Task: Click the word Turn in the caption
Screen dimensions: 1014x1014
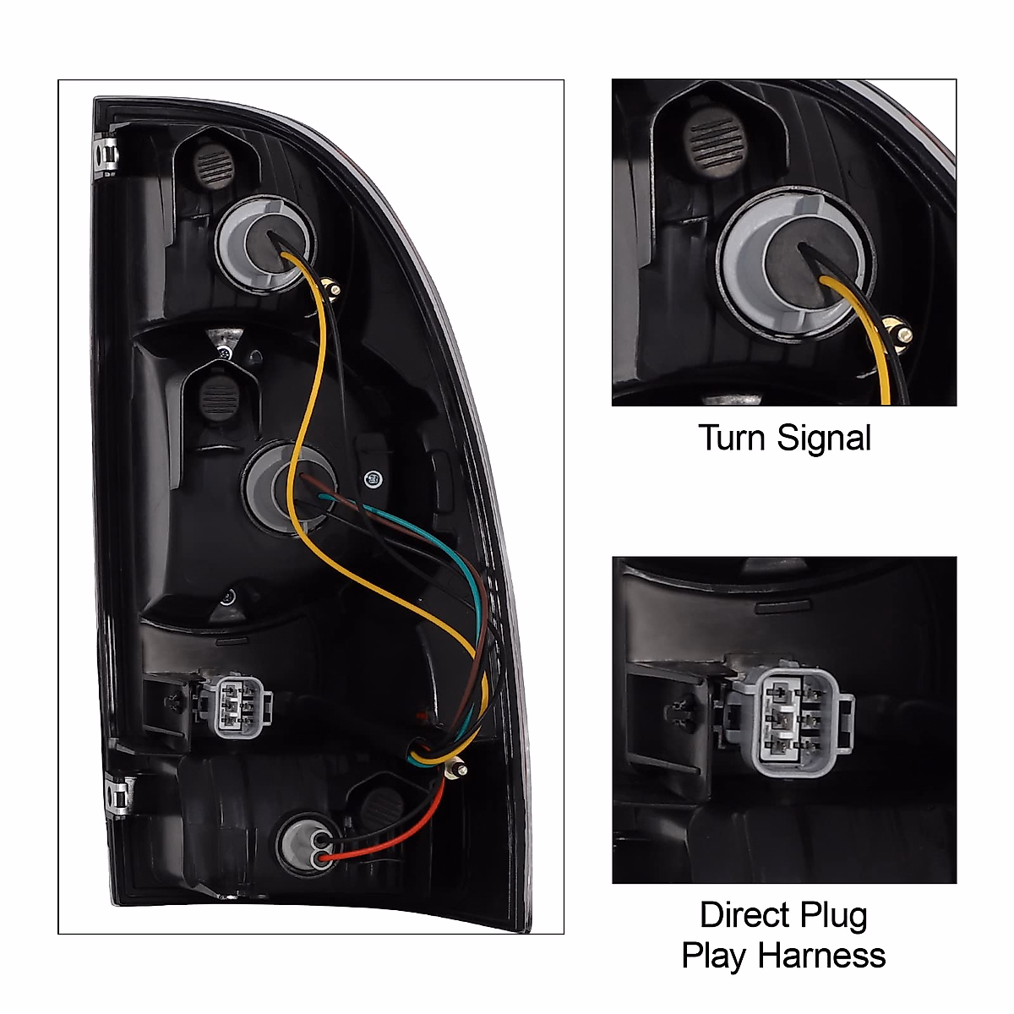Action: point(733,438)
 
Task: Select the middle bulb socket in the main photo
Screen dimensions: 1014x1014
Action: point(288,487)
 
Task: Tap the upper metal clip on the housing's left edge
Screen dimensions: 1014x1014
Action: point(106,155)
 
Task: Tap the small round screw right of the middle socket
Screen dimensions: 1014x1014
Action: point(373,478)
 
